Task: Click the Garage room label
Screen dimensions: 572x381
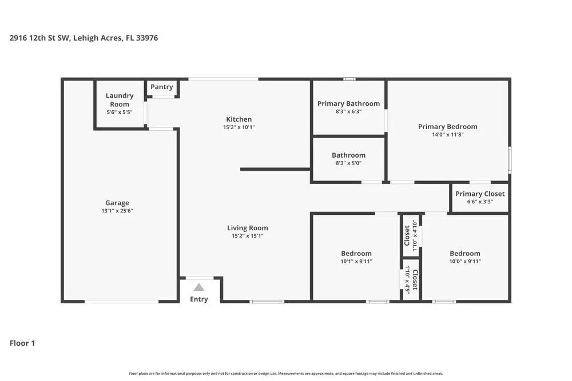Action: tap(117, 203)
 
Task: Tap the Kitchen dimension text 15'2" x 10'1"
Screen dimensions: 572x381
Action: tap(239, 127)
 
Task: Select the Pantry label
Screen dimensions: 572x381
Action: tap(162, 87)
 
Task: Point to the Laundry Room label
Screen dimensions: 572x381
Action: tap(120, 100)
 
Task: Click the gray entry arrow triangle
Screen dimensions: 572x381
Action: tap(199, 287)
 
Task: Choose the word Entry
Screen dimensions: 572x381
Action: tap(199, 299)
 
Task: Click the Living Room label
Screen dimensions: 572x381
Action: tap(248, 228)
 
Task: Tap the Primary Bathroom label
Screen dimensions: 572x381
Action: tap(349, 103)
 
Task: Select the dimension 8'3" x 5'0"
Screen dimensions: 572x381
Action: tap(349, 163)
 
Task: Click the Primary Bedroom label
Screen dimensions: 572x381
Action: tap(448, 127)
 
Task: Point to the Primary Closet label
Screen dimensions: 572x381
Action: tap(480, 194)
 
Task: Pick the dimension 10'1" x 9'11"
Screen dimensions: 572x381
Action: tap(356, 261)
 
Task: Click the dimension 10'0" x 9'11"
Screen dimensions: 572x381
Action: tap(465, 261)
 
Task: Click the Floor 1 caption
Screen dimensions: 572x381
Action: tap(22, 343)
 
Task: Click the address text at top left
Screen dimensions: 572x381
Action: tap(84, 38)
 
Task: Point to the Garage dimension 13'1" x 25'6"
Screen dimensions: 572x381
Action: tap(117, 211)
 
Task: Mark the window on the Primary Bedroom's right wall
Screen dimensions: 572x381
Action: tap(510, 160)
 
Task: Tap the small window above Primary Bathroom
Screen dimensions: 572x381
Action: tap(349, 79)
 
